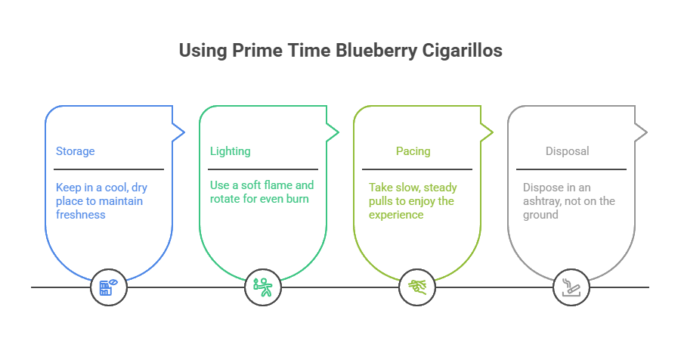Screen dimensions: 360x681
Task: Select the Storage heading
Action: [x=75, y=151]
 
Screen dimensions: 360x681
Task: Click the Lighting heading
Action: [x=230, y=151]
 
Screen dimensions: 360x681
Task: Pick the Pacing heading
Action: [x=413, y=151]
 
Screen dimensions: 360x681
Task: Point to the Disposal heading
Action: [x=567, y=151]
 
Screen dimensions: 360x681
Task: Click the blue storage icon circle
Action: [x=109, y=287]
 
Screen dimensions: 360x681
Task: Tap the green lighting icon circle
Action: [x=263, y=287]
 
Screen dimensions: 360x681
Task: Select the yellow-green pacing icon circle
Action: [x=417, y=287]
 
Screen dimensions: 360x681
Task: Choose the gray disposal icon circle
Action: [x=571, y=287]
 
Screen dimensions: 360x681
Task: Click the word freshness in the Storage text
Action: [x=80, y=215]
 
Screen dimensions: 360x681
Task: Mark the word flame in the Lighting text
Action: [x=277, y=185]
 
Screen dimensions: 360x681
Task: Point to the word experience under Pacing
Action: [x=396, y=215]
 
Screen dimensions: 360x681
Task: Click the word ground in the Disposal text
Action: [x=540, y=215]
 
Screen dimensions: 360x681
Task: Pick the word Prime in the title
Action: [x=250, y=51]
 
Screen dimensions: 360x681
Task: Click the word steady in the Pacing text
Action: [x=440, y=186]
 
